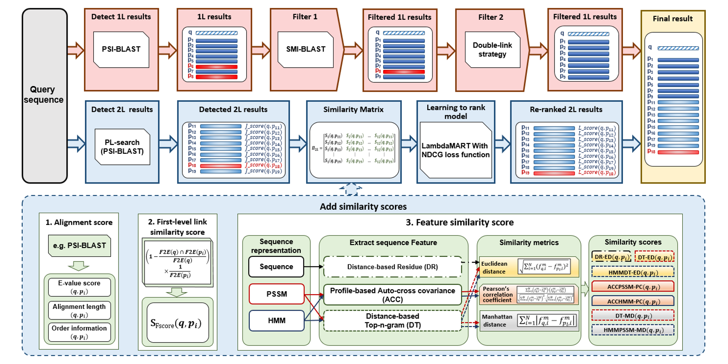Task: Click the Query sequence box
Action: click(x=45, y=95)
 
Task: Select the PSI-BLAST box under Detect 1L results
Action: click(x=121, y=49)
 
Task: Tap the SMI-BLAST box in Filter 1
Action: click(x=305, y=49)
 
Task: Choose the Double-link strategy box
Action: click(x=492, y=50)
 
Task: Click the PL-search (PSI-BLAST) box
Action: click(x=122, y=147)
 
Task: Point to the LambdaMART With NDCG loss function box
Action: click(x=455, y=150)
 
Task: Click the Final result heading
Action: click(x=672, y=18)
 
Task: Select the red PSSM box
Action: click(x=276, y=294)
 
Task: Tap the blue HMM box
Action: click(x=276, y=320)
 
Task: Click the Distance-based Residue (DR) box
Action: click(x=392, y=267)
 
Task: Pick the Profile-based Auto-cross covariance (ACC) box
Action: click(x=392, y=295)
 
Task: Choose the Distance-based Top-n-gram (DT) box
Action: click(x=392, y=320)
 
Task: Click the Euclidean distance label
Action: click(x=494, y=268)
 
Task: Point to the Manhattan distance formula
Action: click(x=547, y=321)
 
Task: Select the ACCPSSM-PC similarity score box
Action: click(x=633, y=287)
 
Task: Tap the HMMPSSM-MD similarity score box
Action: click(x=633, y=330)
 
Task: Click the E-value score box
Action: click(x=79, y=287)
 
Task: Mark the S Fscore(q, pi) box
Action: click(x=178, y=323)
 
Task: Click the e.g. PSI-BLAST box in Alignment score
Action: click(x=79, y=245)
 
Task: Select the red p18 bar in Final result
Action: click(x=678, y=152)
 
